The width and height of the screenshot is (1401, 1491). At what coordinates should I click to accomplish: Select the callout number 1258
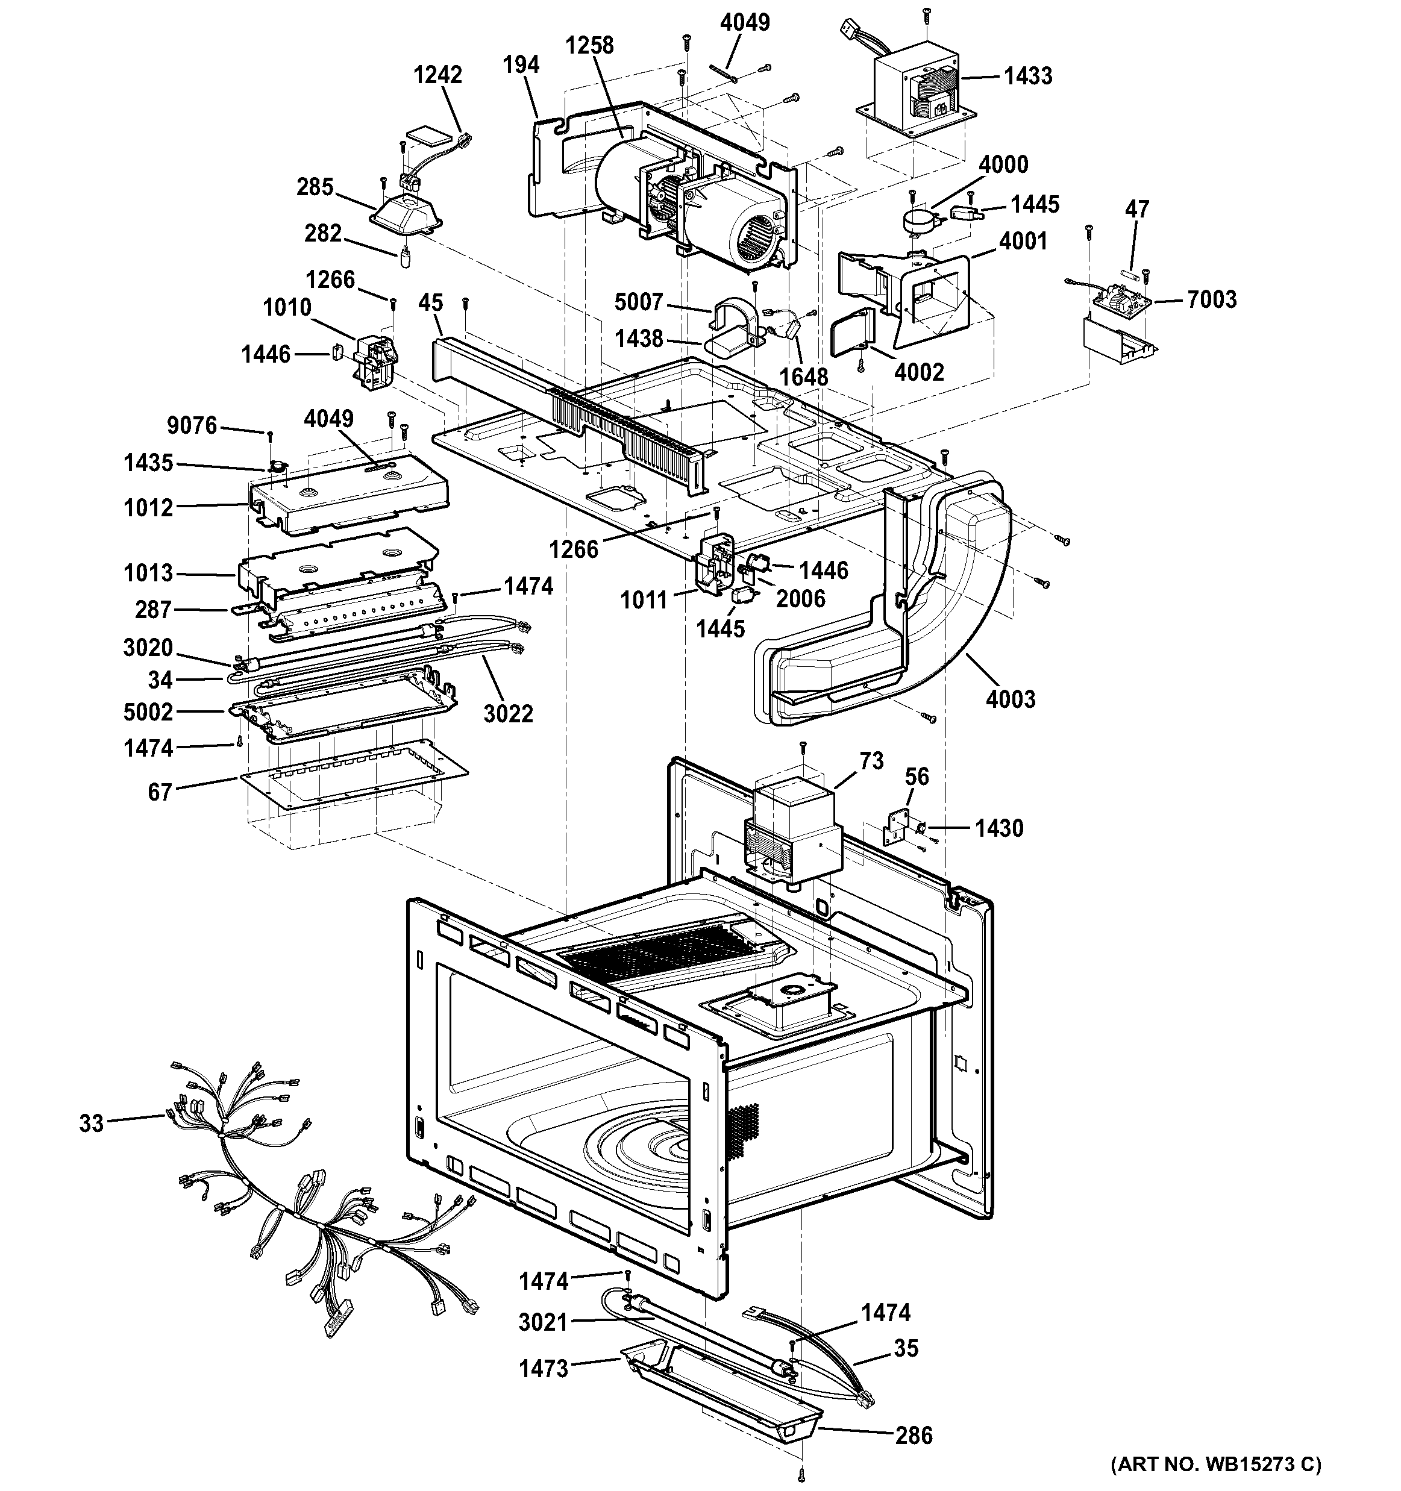coord(589,46)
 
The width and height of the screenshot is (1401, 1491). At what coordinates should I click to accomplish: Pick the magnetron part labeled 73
coord(791,825)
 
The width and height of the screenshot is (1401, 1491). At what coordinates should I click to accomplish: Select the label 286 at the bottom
coord(914,1436)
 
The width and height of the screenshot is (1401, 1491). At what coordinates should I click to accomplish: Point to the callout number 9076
coord(192,425)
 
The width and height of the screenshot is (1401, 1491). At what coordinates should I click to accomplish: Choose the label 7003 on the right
coord(1211,299)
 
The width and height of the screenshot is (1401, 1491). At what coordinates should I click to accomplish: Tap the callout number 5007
coord(638,302)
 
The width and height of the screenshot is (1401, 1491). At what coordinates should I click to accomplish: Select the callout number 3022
coord(508,713)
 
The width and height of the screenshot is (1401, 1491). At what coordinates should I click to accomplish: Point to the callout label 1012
coord(148,508)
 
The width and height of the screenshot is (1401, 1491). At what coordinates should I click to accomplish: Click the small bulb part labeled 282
coord(404,256)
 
